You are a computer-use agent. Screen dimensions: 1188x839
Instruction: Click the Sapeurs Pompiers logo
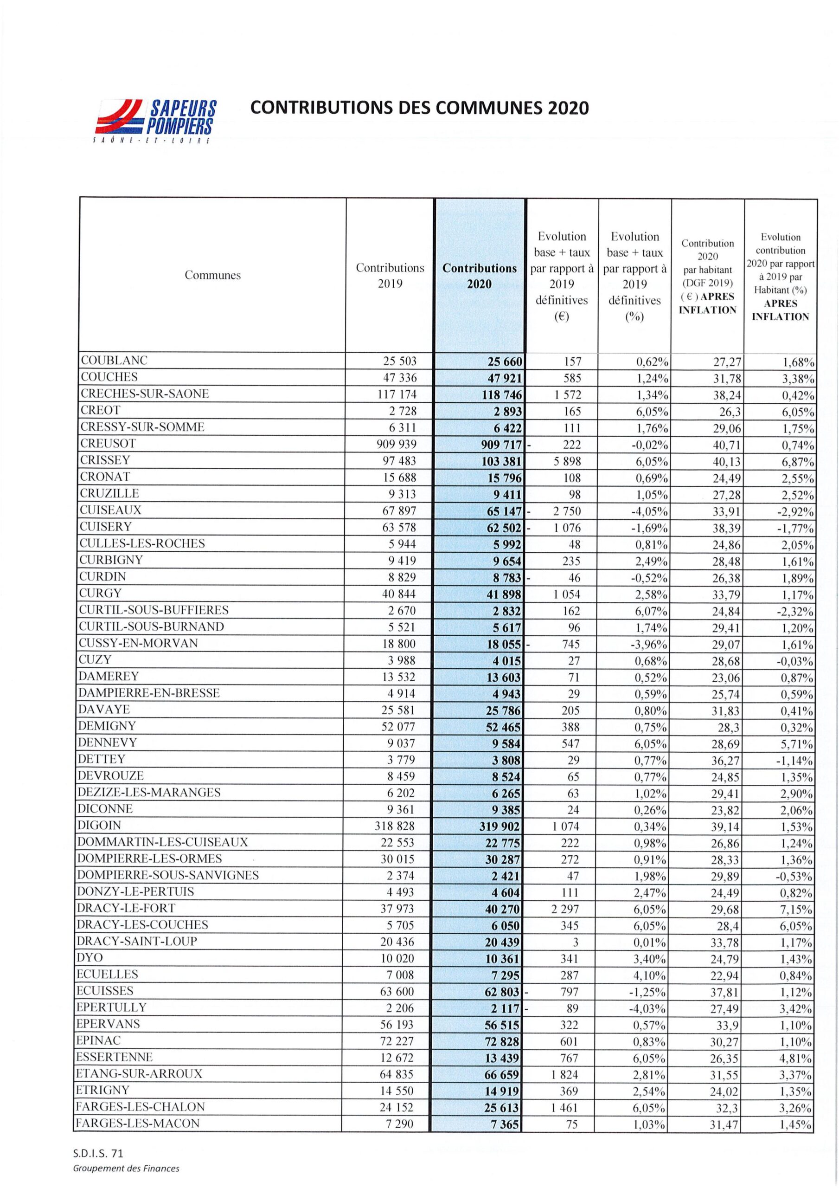click(154, 120)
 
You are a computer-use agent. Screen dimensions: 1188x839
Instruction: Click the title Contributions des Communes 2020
click(419, 108)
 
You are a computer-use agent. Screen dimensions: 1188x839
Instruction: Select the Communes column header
click(212, 275)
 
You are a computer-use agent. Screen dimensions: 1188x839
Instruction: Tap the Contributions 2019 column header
click(390, 276)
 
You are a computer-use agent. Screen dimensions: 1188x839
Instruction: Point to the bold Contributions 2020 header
click(480, 276)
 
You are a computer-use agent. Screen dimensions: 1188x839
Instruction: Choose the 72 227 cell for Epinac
click(397, 1040)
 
